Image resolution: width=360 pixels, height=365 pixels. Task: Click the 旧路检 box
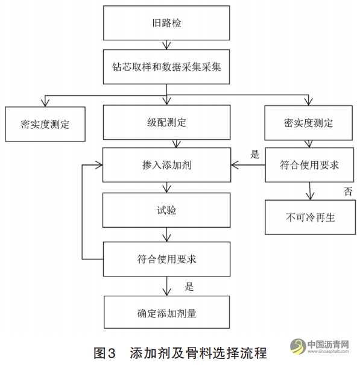point(166,23)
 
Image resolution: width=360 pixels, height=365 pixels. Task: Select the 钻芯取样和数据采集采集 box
point(166,66)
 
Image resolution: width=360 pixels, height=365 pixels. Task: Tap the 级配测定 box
point(166,122)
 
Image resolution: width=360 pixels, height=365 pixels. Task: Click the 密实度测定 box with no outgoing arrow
point(45,124)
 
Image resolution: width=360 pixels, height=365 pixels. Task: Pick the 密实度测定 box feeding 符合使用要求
point(308,122)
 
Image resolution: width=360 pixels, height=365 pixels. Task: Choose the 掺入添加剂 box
point(166,164)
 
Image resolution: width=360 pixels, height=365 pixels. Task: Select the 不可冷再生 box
point(308,217)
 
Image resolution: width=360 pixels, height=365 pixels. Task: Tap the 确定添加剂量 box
point(166,312)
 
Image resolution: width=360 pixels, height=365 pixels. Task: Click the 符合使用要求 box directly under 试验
point(166,259)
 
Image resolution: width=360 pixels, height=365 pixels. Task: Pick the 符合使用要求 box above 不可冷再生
point(308,164)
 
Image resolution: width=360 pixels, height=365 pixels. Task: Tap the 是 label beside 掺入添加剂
point(254,154)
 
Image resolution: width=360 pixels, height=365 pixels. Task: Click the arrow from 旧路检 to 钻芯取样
point(166,44)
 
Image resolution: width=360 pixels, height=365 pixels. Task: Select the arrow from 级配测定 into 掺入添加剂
point(175,143)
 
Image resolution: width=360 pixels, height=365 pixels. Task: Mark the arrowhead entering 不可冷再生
point(310,196)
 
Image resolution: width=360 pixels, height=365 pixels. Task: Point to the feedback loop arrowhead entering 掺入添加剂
point(98,164)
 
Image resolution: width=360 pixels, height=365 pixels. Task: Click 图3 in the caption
point(107,351)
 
